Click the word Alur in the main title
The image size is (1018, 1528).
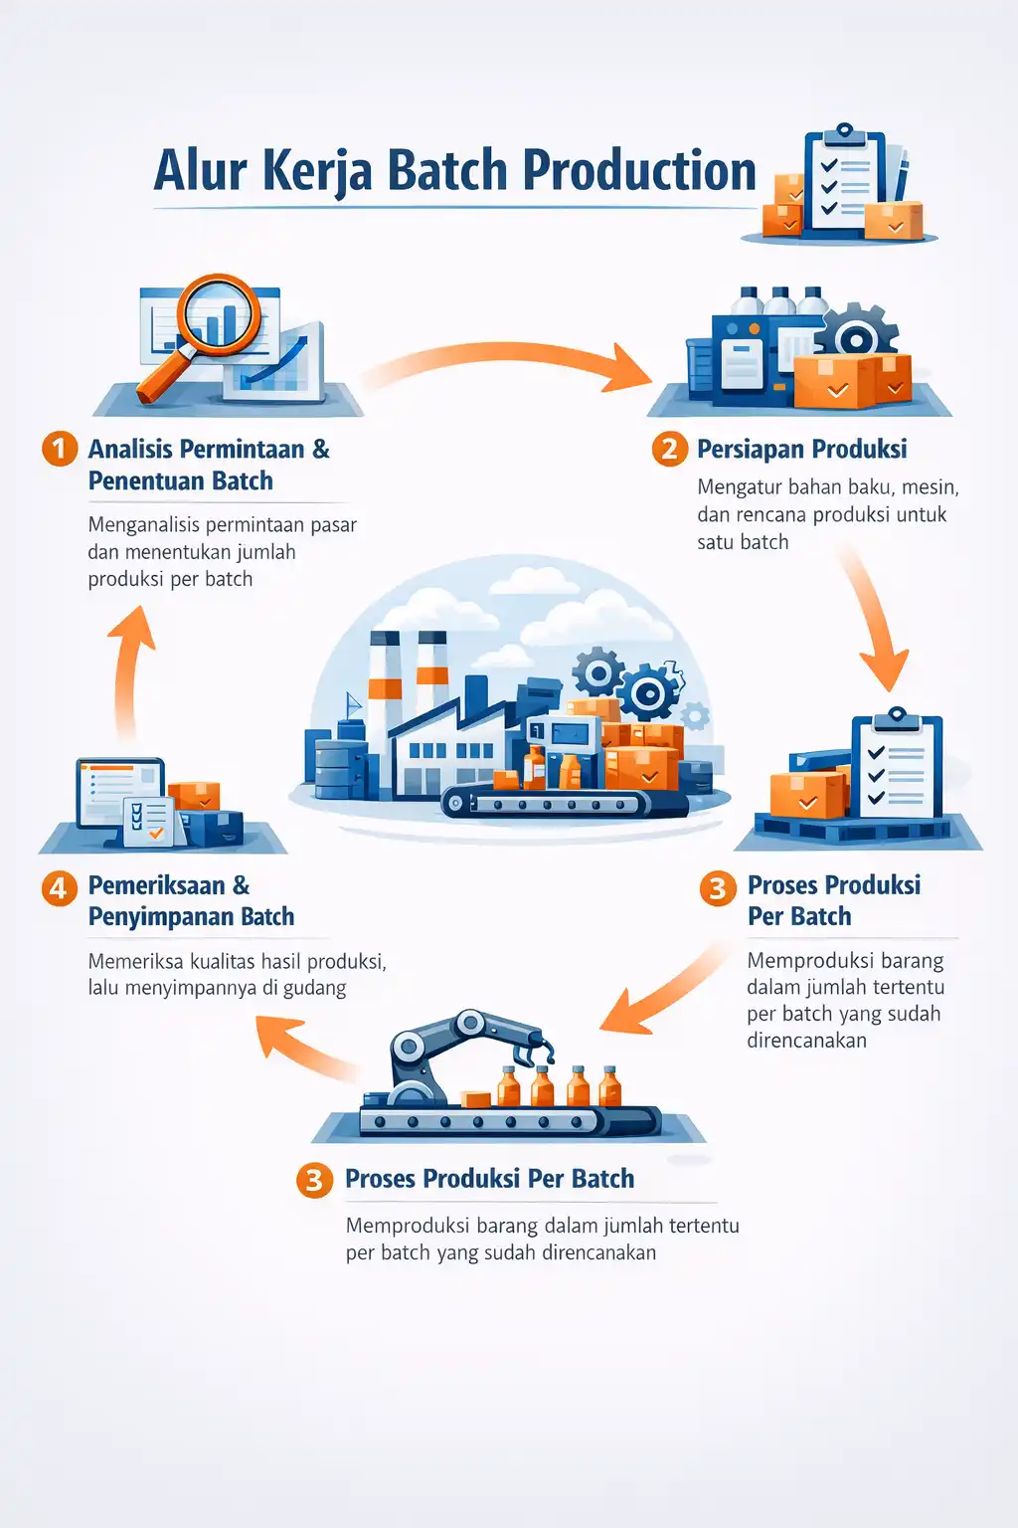201,170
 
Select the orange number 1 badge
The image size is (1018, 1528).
60,449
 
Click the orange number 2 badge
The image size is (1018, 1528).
669,449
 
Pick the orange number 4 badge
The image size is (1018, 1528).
60,888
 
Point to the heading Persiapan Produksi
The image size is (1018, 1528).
802,450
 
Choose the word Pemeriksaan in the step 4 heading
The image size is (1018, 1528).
157,885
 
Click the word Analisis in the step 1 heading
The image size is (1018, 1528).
130,449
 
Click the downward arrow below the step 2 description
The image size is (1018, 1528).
876,618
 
